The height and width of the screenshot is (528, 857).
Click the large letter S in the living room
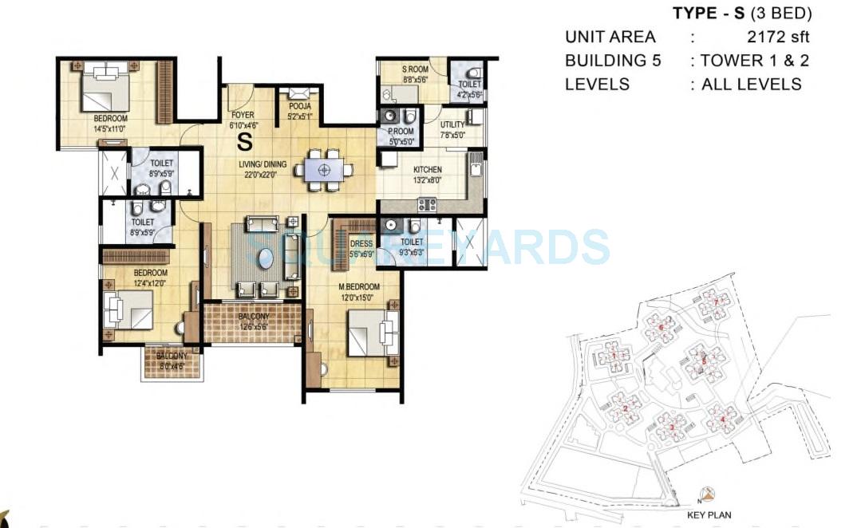point(243,143)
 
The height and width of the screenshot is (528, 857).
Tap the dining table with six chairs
point(324,169)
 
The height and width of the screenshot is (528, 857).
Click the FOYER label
point(242,115)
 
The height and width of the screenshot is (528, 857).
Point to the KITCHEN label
point(428,170)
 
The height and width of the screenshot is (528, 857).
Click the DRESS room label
point(361,244)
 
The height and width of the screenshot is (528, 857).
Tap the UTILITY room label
point(452,125)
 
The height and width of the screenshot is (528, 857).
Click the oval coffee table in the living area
point(265,259)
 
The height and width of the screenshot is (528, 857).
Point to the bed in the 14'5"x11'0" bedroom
point(106,90)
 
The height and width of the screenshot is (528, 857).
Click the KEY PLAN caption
point(709,515)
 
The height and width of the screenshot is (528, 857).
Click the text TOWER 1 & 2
point(754,61)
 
